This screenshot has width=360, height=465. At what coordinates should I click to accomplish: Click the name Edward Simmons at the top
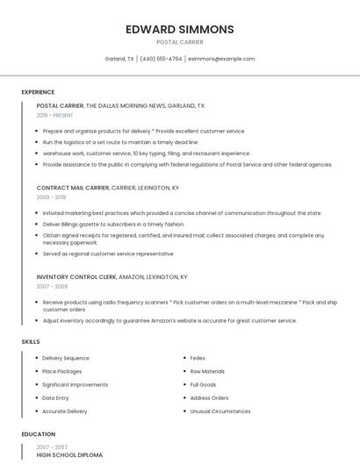point(179,29)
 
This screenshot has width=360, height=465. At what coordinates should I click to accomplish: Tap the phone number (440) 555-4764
point(161,59)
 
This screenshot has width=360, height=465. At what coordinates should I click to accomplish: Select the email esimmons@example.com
point(221,59)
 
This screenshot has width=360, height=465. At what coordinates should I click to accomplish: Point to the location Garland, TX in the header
point(119,59)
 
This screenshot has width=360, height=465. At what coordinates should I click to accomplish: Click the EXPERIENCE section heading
point(38,92)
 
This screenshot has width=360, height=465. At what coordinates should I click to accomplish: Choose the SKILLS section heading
point(30,341)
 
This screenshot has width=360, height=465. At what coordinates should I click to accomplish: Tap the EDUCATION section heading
point(38,434)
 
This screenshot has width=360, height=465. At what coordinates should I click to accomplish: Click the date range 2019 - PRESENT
point(55,115)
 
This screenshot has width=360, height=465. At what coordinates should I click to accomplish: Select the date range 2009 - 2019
point(51,197)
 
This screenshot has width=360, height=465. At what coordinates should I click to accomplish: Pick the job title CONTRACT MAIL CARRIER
point(73,188)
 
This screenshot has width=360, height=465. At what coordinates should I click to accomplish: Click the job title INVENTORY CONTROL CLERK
point(76,277)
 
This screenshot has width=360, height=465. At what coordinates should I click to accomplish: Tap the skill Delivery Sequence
point(66,358)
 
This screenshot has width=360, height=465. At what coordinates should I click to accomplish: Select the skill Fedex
point(198,358)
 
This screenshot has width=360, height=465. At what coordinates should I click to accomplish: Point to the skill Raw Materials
point(207,371)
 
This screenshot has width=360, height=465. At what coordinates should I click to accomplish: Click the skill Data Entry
point(55,397)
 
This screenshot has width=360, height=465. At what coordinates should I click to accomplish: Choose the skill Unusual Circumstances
point(220,411)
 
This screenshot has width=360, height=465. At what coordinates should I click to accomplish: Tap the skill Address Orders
point(209,397)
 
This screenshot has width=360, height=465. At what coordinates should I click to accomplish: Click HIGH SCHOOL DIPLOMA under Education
point(69,455)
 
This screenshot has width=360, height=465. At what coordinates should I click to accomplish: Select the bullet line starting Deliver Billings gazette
point(113,224)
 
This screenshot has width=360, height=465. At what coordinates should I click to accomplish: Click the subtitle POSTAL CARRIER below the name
point(179,42)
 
